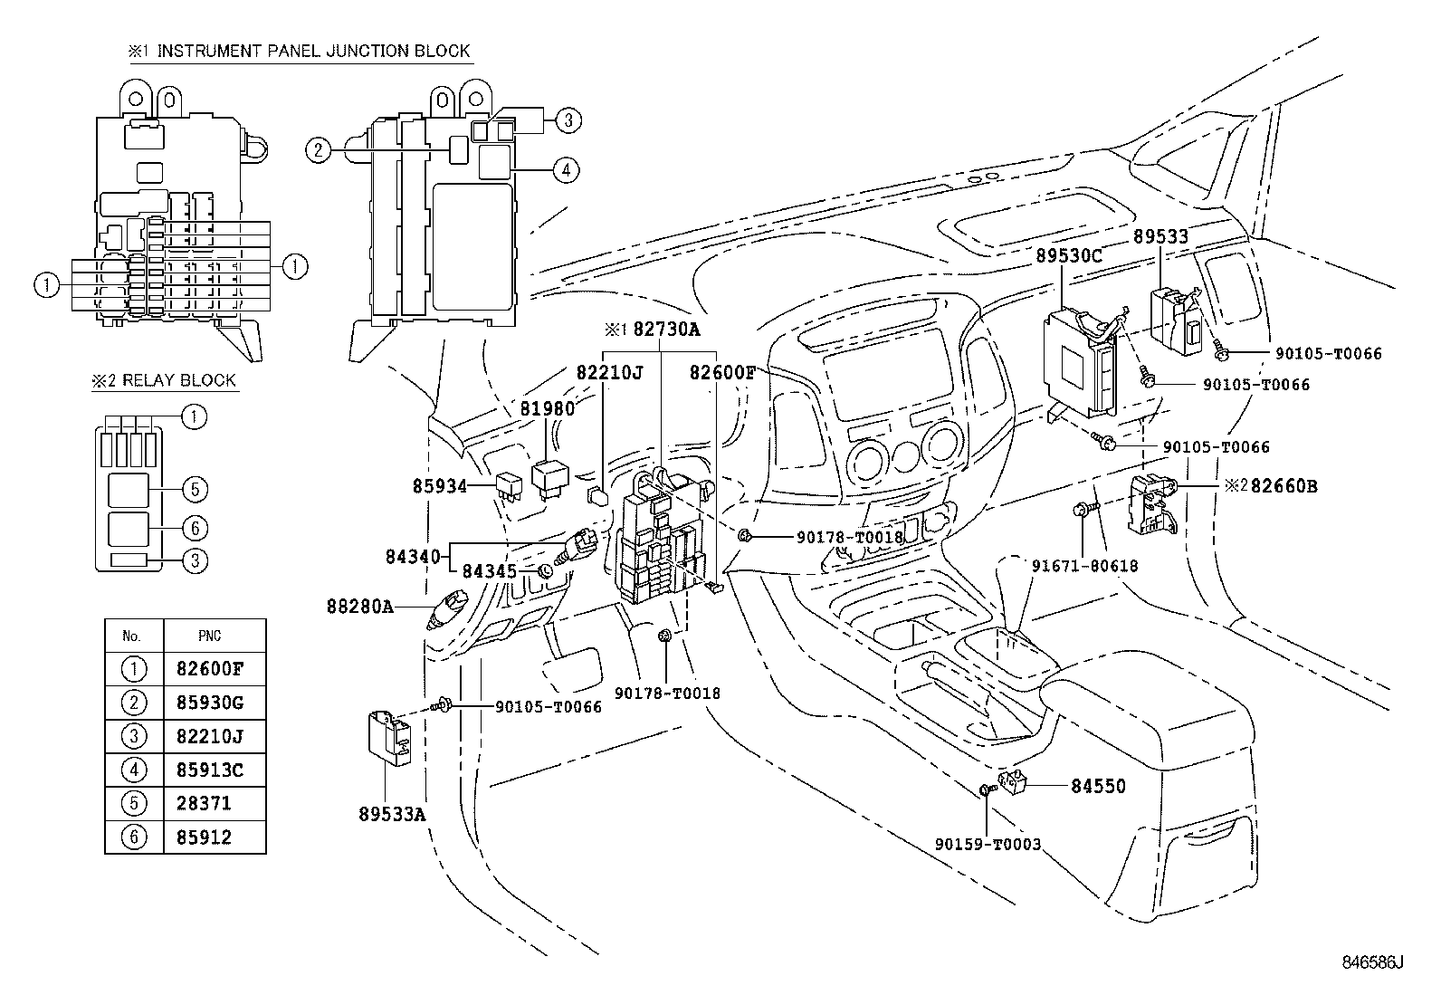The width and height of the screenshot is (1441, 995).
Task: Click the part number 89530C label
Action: pos(1069,256)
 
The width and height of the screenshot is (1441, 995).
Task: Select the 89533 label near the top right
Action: pos(1160,237)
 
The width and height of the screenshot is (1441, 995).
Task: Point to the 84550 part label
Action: pos(1098,786)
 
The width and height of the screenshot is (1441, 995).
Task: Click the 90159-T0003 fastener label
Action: pos(988,845)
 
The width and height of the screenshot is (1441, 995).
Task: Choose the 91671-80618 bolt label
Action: pos(1084,566)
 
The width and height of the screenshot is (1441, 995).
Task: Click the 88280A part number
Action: pos(359,606)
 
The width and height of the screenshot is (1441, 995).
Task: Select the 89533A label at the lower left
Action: pos(392,814)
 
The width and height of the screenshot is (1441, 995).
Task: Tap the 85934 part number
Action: pos(440,486)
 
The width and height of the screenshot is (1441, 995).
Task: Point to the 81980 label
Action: pos(547,409)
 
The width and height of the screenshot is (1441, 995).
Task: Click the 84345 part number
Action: pos(489,571)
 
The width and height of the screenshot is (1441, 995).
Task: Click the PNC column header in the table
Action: pos(209,636)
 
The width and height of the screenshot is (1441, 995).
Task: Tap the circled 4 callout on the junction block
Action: pos(566,169)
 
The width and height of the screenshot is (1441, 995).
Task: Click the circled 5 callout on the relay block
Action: pos(194,490)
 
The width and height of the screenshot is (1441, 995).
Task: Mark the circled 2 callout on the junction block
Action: pos(316,150)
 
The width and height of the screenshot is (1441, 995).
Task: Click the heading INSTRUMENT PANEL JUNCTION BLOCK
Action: pos(313,51)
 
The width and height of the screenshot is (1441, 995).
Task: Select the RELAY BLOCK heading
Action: pos(178,380)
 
